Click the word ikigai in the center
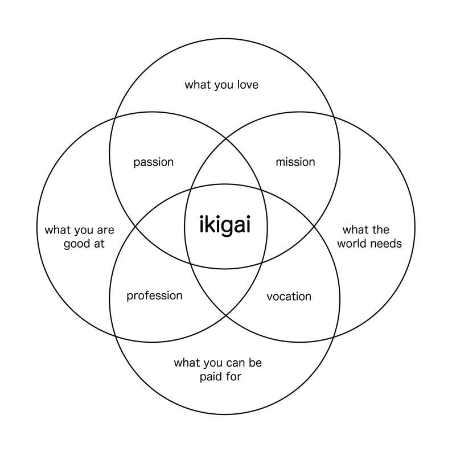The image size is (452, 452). (225, 225)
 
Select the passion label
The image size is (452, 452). (153, 162)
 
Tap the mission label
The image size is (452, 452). (295, 162)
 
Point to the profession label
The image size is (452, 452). (154, 295)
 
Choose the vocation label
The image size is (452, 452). (289, 297)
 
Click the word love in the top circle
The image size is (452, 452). (247, 85)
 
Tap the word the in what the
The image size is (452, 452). (381, 230)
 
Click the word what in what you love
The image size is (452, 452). (198, 85)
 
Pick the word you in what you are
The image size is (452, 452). (81, 230)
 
